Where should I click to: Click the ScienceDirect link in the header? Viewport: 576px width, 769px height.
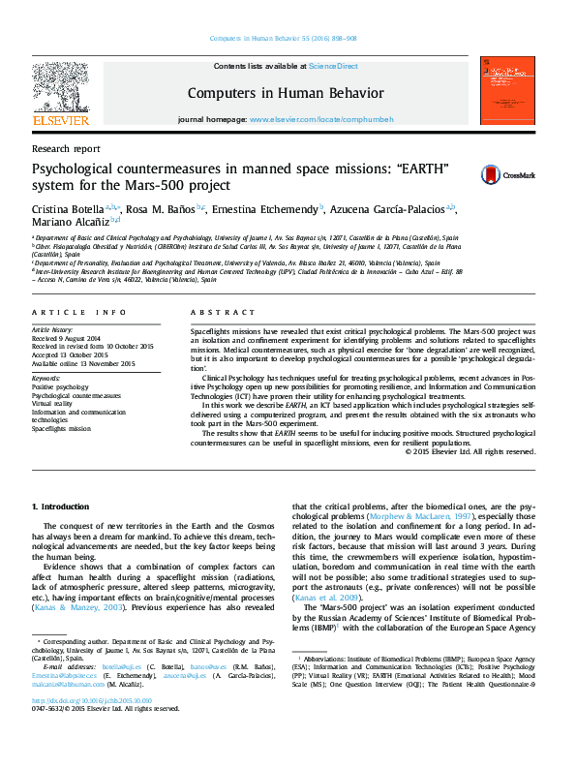(x=333, y=66)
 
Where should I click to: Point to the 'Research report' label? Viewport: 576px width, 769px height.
(x=66, y=149)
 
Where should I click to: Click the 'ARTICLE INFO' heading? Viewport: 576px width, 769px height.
(x=79, y=313)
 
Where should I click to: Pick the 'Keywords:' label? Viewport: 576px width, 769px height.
(x=46, y=377)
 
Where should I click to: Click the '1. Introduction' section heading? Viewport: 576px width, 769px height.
(x=63, y=506)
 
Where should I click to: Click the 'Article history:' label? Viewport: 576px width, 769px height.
(x=54, y=329)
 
